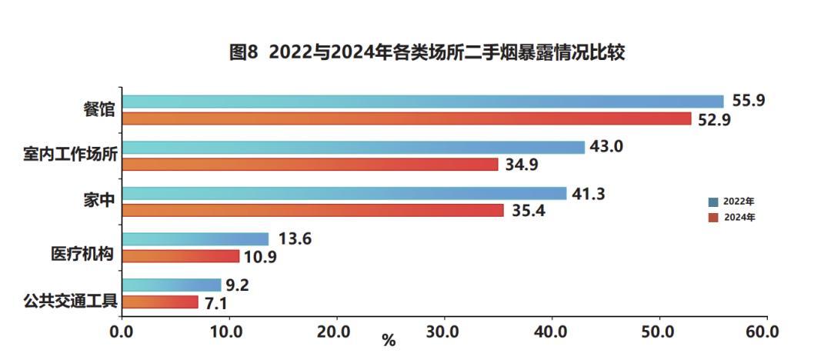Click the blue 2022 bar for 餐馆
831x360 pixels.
423,102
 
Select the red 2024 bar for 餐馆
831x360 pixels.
407,118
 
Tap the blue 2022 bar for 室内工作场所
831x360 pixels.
353,148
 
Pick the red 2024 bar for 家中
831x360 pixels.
313,211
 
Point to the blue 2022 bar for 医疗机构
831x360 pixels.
195,239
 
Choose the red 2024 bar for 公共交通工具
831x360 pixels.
160,302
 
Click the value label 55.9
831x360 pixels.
749,100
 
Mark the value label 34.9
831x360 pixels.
522,165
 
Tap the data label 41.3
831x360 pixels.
589,194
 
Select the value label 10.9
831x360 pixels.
261,257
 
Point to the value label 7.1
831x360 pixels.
216,304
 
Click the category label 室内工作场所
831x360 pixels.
70,155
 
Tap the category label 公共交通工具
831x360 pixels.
70,301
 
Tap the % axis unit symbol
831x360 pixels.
389,341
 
